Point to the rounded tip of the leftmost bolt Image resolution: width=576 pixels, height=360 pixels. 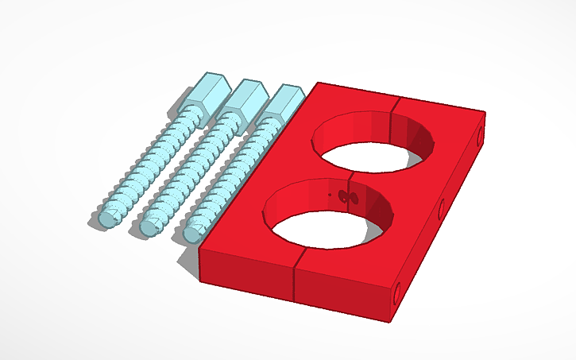point(106,218)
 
